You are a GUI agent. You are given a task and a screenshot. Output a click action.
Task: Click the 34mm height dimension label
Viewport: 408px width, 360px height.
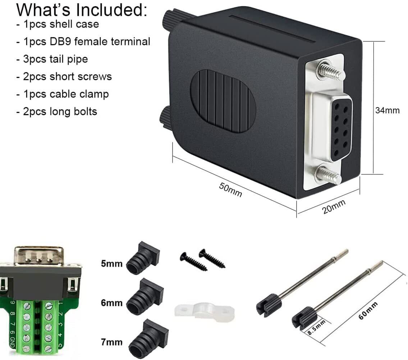click(387, 110)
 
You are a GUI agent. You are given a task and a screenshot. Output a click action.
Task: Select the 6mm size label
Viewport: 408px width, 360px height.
click(111, 303)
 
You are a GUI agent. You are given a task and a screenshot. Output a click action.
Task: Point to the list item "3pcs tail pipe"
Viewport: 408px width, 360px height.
click(52, 59)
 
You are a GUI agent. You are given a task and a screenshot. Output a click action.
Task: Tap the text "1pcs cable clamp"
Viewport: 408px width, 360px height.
click(63, 94)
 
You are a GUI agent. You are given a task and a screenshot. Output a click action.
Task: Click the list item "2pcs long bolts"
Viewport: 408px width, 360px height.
click(57, 111)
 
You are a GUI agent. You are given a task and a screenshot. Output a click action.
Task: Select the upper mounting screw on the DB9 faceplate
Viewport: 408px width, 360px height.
click(330, 71)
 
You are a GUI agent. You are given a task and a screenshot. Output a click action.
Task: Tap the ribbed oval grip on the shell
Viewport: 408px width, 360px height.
click(223, 101)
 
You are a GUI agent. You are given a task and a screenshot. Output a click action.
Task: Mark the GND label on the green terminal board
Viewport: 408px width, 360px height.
click(12, 341)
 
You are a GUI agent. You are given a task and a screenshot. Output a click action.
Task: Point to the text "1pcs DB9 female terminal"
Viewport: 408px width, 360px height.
click(83, 42)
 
